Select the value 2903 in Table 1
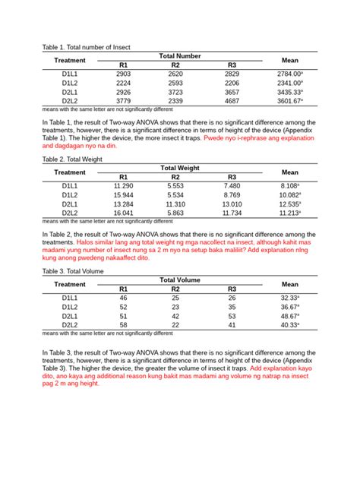point(124,74)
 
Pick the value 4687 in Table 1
point(232,100)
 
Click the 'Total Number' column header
point(179,56)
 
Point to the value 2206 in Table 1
point(232,83)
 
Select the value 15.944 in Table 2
point(124,195)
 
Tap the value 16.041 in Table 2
point(124,213)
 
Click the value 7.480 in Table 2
point(232,186)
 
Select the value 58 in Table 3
point(124,325)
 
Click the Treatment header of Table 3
point(70,284)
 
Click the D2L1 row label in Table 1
point(70,91)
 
